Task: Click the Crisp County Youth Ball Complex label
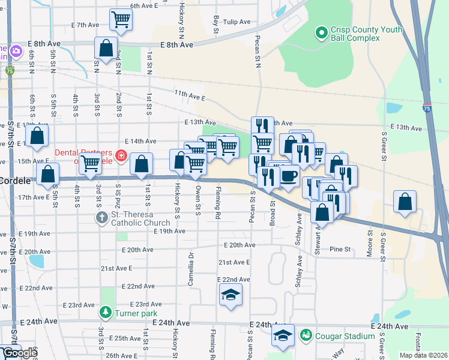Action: pyautogui.click(x=354, y=33)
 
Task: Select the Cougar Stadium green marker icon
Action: pyautogui.click(x=306, y=334)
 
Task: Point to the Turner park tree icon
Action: pyautogui.click(x=106, y=312)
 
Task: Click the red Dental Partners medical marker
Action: pyautogui.click(x=121, y=156)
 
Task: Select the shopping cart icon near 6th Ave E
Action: pyautogui.click(x=121, y=19)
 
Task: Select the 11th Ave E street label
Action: pyautogui.click(x=190, y=96)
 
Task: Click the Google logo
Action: pyautogui.click(x=20, y=353)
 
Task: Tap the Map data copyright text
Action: pyautogui.click(x=424, y=355)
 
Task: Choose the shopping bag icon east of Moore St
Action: pyautogui.click(x=405, y=202)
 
